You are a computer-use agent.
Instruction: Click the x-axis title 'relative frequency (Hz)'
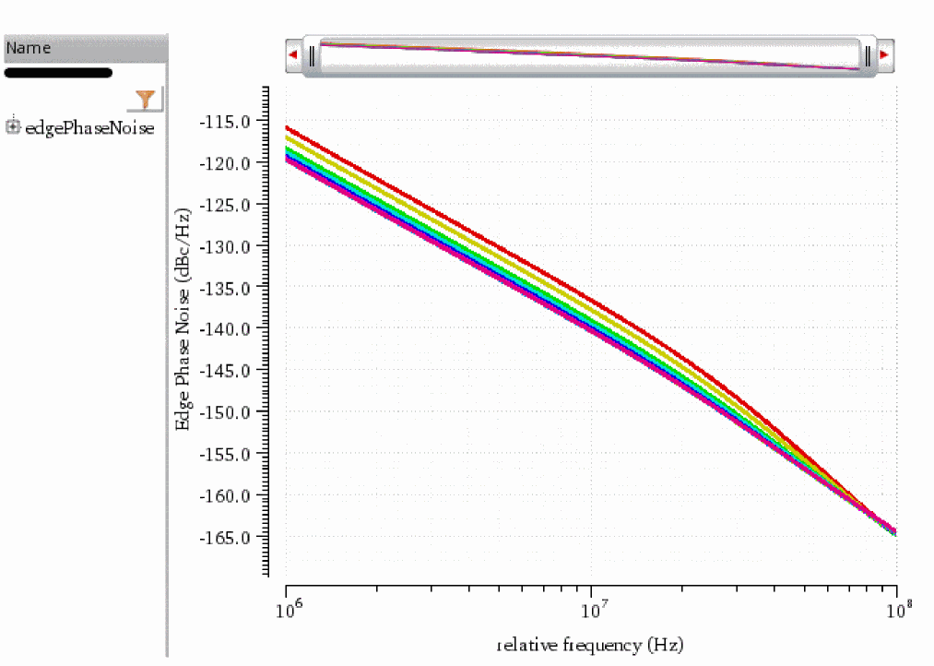pyautogui.click(x=590, y=644)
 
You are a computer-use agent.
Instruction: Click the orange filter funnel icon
pyautogui.click(x=145, y=99)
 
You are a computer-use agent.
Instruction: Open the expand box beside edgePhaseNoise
pyautogui.click(x=13, y=126)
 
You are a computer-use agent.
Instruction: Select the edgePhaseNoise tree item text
pyautogui.click(x=89, y=128)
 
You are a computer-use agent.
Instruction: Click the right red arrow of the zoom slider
pyautogui.click(x=885, y=55)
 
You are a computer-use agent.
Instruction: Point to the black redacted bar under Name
pyautogui.click(x=58, y=73)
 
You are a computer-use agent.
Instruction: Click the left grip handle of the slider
pyautogui.click(x=313, y=56)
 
